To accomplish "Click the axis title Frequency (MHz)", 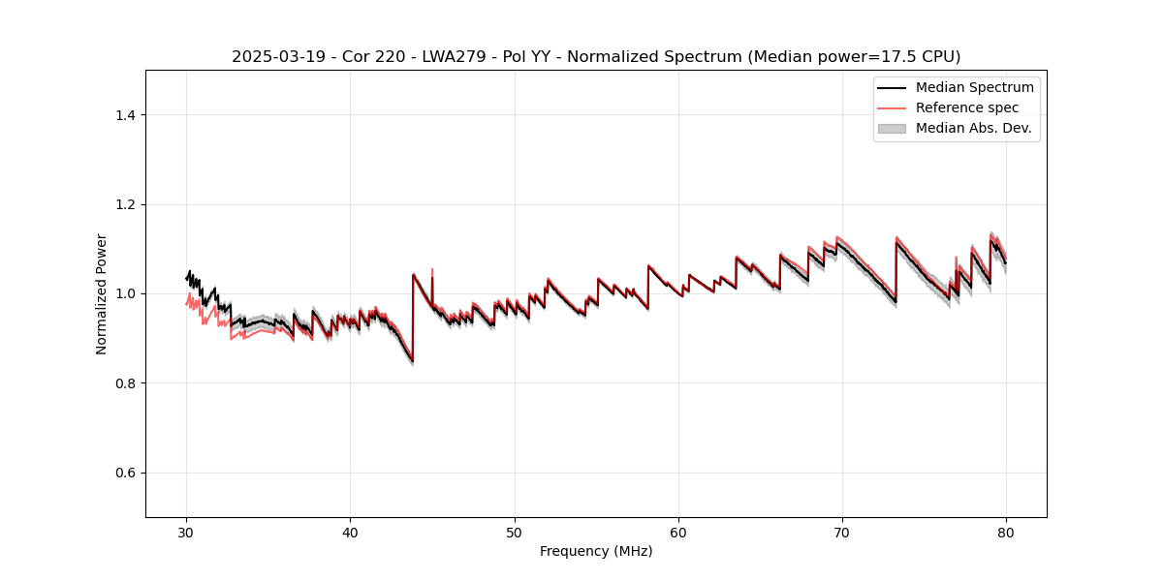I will coord(596,551).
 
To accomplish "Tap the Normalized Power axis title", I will coord(102,293).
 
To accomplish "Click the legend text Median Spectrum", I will coord(974,87).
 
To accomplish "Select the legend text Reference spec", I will coord(967,107).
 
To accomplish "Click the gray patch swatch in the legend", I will coord(892,128).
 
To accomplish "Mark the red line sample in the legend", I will coord(892,107).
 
